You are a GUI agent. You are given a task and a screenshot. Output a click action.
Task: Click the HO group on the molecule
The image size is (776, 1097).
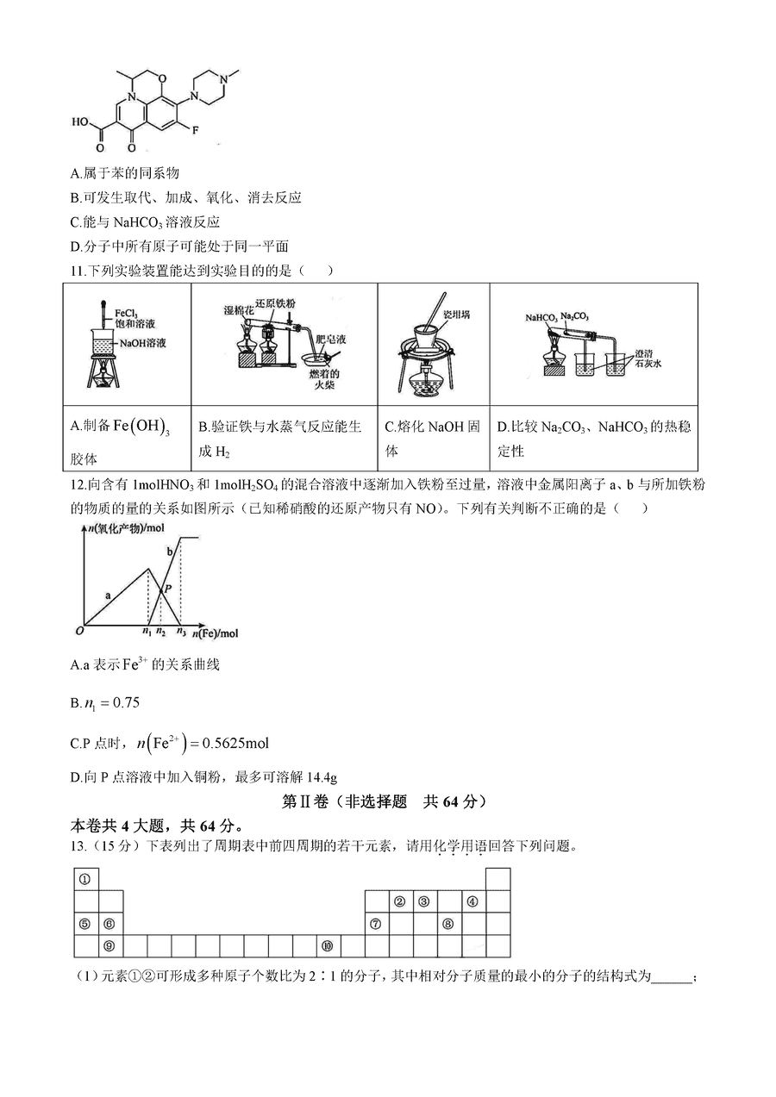click(x=80, y=122)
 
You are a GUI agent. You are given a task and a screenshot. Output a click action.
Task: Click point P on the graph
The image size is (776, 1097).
click(x=168, y=586)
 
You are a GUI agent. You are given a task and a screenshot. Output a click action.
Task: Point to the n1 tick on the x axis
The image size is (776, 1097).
click(x=147, y=633)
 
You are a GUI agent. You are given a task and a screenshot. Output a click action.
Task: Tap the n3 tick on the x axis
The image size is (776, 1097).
click(x=180, y=633)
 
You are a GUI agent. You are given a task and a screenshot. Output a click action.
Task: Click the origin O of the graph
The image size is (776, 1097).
click(x=78, y=630)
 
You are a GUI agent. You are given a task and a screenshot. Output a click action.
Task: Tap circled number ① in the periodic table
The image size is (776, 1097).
click(x=85, y=879)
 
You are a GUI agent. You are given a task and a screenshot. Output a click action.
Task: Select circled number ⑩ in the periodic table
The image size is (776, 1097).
click(x=327, y=945)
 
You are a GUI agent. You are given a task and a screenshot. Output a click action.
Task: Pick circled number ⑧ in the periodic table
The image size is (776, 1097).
click(x=448, y=924)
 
